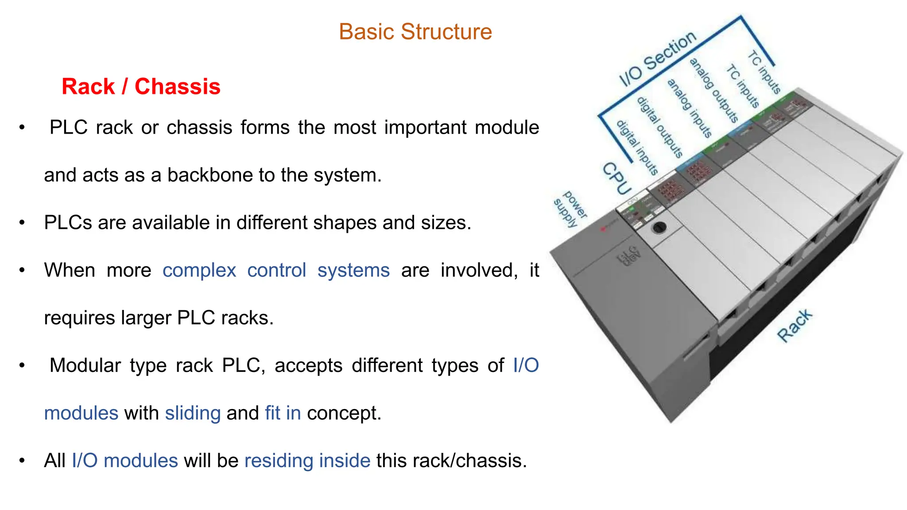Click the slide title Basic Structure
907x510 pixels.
tap(415, 32)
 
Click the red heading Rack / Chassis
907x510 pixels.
tap(141, 86)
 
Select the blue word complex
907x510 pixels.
tap(199, 270)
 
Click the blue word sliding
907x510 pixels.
tap(193, 413)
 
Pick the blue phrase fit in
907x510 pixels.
tap(283, 413)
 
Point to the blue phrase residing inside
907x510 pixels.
tap(307, 461)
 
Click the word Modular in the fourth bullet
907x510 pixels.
tap(85, 366)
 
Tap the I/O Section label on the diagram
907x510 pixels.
tap(657, 59)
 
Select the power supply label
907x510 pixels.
tap(570, 209)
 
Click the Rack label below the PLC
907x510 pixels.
tap(795, 326)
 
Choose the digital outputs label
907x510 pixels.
tap(659, 127)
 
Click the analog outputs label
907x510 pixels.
tap(713, 90)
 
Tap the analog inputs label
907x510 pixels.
tap(689, 108)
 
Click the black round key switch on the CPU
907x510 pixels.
tap(659, 227)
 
